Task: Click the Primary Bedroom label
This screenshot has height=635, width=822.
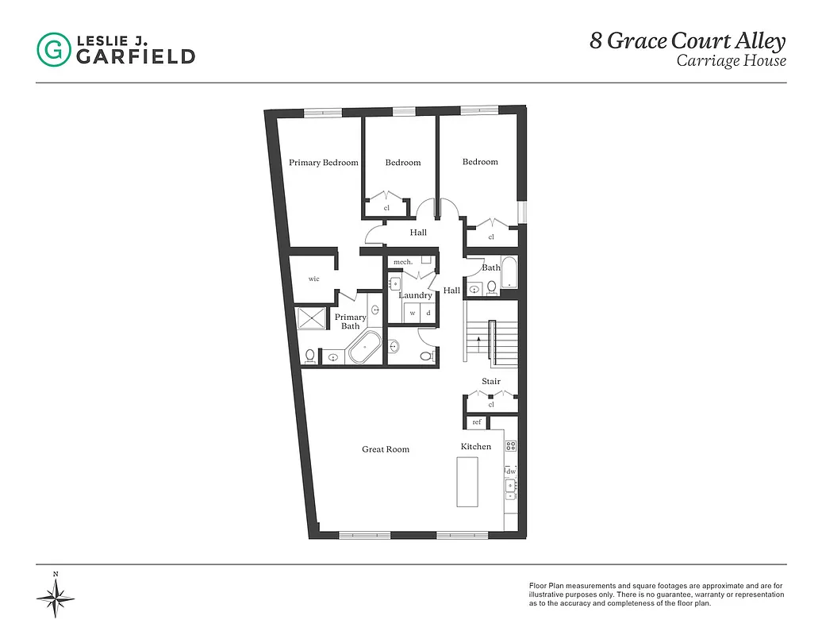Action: pos(323,163)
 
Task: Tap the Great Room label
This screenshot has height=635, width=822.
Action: pos(386,449)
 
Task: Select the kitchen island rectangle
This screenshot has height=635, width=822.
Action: pos(468,482)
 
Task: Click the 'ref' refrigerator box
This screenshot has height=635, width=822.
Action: pos(477,422)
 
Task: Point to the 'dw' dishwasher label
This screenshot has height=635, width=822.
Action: pos(511,471)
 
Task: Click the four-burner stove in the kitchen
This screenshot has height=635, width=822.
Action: pos(511,446)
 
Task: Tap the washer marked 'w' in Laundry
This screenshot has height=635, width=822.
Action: pos(413,313)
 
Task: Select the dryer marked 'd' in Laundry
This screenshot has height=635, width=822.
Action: pos(428,313)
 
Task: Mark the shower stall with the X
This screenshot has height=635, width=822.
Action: pos(310,317)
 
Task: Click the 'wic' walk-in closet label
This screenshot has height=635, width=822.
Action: pos(314,279)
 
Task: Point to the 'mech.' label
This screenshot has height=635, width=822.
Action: pos(402,261)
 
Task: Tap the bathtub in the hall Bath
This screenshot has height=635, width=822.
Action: pos(509,275)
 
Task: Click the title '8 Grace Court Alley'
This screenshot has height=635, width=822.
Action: pos(687,41)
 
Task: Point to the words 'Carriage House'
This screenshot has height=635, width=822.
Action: pos(731,61)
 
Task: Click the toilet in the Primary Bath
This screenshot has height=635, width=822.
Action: pos(310,356)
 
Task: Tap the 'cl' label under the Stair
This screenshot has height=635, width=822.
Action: pos(491,404)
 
